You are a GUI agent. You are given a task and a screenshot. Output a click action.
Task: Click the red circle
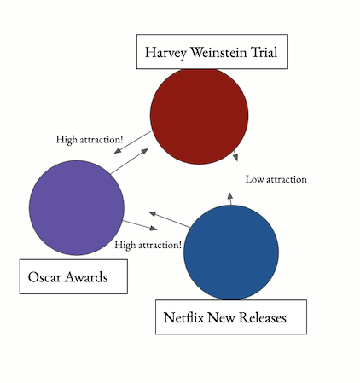coord(199,116)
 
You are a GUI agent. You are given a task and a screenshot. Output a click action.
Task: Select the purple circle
coord(77,208)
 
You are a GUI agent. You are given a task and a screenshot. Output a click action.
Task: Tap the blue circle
coord(231,252)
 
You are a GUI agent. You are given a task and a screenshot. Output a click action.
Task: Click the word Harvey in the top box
coord(165,53)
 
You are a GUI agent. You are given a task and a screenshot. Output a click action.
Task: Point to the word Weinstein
coord(218,52)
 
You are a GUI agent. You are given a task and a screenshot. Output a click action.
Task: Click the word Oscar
coord(44,277)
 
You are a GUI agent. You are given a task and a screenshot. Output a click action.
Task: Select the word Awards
coord(86,277)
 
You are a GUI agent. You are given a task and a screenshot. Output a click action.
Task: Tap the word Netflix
coord(183,317)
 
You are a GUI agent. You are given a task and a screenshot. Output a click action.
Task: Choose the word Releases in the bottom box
coord(262,317)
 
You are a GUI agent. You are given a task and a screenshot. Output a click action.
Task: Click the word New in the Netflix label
coord(221,317)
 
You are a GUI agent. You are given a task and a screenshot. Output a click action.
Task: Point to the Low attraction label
coord(276,179)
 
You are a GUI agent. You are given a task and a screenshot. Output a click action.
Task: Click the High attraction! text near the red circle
coord(90,140)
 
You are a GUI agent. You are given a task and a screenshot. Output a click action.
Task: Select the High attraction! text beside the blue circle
coord(148,245)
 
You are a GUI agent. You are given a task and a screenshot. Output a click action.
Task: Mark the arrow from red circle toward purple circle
coord(133,142)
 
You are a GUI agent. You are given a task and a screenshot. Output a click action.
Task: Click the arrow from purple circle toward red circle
coord(130,161)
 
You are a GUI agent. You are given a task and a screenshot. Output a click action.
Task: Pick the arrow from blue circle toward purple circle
coord(170,220)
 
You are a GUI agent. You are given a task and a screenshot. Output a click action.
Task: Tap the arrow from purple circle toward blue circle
coord(140,225)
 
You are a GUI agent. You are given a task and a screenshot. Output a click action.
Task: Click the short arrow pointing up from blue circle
coord(230,198)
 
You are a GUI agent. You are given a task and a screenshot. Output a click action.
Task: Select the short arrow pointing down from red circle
coord(235,155)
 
